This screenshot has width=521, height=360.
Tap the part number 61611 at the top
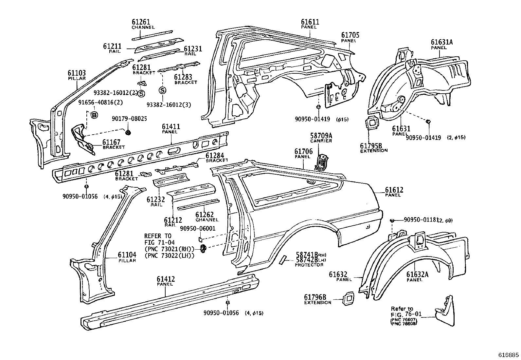point(310,22)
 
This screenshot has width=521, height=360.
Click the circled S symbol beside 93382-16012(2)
point(141,94)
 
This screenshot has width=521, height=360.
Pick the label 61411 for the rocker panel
point(171,126)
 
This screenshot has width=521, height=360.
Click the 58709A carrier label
point(321,136)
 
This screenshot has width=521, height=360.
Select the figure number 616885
point(508,355)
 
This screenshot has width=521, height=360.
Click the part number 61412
point(166,279)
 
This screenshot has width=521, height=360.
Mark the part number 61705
point(350,35)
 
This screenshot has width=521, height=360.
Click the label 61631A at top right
point(442,42)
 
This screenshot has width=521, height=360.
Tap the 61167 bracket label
point(111,142)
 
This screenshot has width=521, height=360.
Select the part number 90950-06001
point(198,228)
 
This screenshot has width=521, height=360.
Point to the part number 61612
point(394,190)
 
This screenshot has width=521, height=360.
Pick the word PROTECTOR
point(309,265)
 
